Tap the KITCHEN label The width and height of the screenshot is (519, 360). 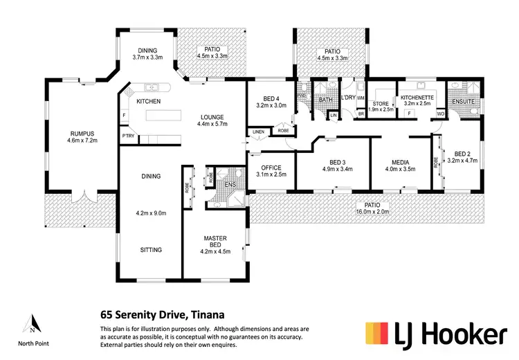pos(148,102)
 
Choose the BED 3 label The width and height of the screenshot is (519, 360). pos(338,161)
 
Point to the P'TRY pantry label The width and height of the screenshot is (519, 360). pos(128,136)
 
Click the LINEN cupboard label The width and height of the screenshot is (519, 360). pos(257,131)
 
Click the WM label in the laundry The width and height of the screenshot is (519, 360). pos(361,98)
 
